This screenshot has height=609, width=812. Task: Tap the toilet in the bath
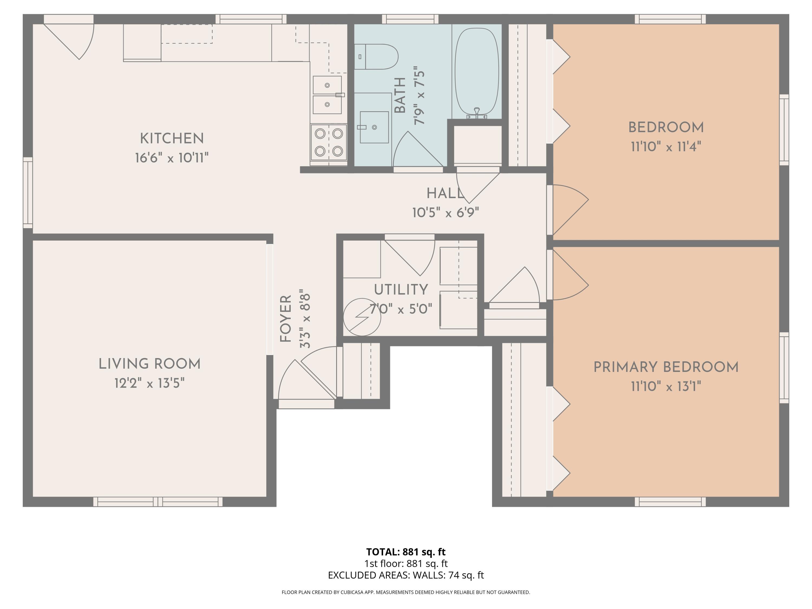click(x=376, y=57)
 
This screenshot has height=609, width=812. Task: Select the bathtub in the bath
click(x=476, y=71)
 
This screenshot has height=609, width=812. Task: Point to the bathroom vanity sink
click(x=374, y=127)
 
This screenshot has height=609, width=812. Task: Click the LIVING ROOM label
click(x=149, y=364)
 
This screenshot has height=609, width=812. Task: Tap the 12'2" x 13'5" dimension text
click(x=149, y=383)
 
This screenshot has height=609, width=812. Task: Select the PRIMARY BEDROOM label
click(x=666, y=367)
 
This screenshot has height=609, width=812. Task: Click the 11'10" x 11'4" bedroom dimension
click(x=666, y=147)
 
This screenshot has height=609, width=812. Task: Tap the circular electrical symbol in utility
click(x=362, y=317)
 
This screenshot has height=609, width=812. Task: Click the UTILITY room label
click(x=401, y=290)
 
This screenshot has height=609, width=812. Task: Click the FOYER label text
click(x=286, y=318)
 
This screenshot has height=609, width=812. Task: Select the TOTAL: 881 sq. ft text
click(x=406, y=552)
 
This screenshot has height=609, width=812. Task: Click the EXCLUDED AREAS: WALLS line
click(x=406, y=575)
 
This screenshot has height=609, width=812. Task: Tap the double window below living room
click(x=158, y=502)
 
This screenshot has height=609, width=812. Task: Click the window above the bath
click(x=410, y=19)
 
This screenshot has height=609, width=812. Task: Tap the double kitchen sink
click(x=327, y=95)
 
